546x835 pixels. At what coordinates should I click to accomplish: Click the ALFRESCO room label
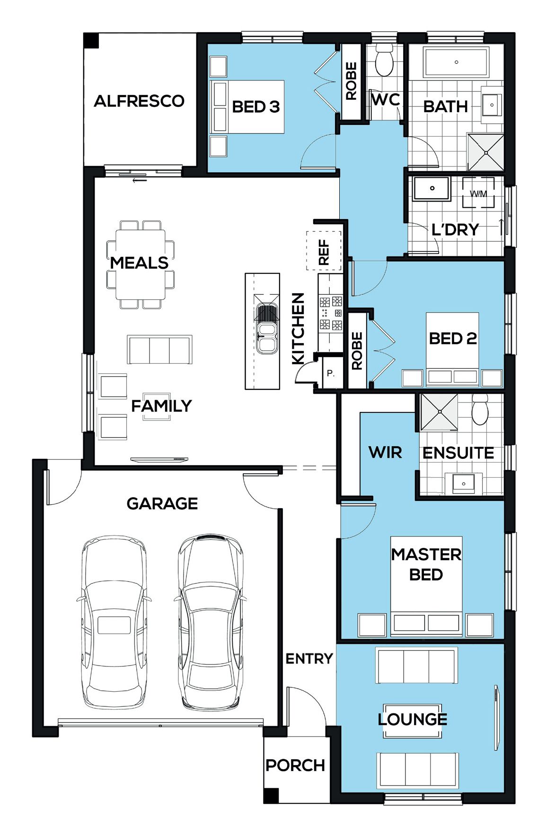tap(139, 101)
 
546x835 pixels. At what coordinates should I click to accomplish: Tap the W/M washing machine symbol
tap(478, 193)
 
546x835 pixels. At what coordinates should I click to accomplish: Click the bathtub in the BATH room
tap(456, 62)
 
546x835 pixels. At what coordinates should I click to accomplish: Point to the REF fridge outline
tap(324, 251)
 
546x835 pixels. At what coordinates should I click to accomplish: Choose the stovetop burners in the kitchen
tap(331, 313)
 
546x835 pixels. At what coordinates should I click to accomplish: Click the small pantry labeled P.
tap(331, 373)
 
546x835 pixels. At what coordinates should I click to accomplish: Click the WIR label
tap(385, 452)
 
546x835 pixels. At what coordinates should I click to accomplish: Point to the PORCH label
tap(295, 765)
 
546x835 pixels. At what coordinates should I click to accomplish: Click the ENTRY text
tap(309, 658)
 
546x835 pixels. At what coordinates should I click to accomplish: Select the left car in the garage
tap(114, 622)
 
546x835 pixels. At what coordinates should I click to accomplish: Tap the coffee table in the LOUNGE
tap(412, 721)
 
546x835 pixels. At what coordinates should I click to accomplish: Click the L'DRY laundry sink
tap(432, 188)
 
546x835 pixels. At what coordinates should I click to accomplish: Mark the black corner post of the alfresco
tap(91, 40)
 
